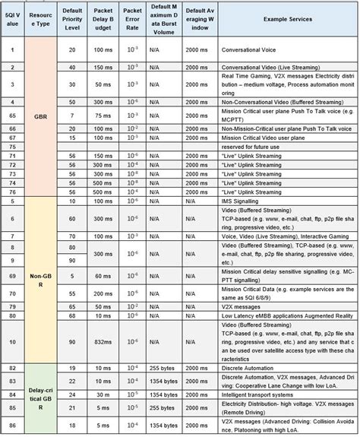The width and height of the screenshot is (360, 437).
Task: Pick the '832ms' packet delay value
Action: pyautogui.click(x=103, y=342)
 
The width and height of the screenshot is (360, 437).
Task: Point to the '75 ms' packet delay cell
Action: pyautogui.click(x=103, y=117)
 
